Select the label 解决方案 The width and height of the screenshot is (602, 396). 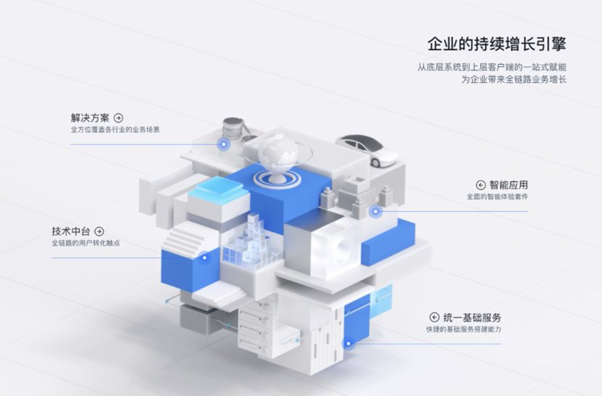coord(90,118)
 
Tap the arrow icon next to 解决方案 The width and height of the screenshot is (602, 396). coord(119,118)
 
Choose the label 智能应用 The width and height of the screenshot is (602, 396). coord(508,185)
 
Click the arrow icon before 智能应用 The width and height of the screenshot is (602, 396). coord(480,185)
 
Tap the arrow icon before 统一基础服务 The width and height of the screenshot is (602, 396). coord(434,317)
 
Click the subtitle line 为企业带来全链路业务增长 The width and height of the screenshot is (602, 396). coord(514,80)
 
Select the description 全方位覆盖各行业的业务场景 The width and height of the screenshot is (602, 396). coord(116,130)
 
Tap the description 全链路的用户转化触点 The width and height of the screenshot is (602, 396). coord(86,243)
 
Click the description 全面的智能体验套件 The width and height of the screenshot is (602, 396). coord(497,197)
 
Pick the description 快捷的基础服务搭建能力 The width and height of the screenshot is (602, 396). coord(464,329)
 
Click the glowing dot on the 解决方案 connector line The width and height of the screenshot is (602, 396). coord(223,145)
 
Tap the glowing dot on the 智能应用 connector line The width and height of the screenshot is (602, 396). coord(376,211)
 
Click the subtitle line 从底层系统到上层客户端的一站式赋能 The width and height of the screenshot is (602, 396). coord(492,68)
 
